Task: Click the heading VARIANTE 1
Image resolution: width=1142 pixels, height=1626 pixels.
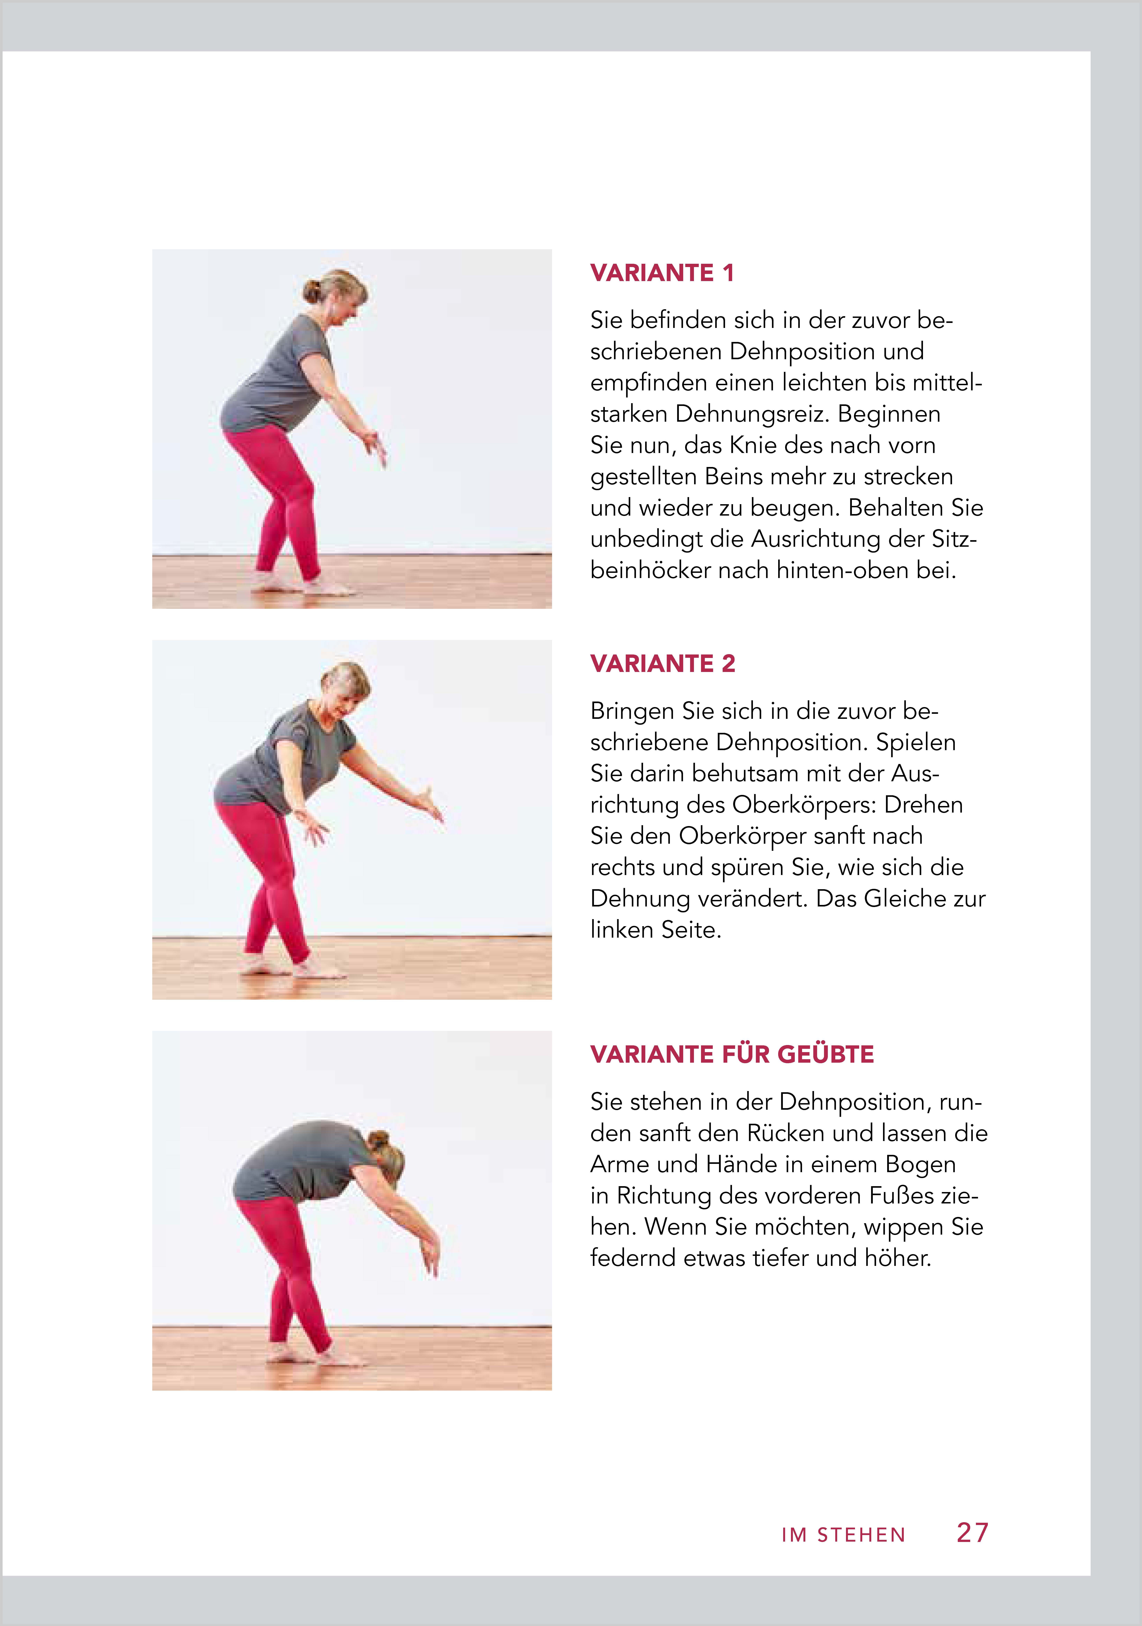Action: (x=662, y=273)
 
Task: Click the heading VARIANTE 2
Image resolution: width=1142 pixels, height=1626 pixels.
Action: (x=663, y=664)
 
